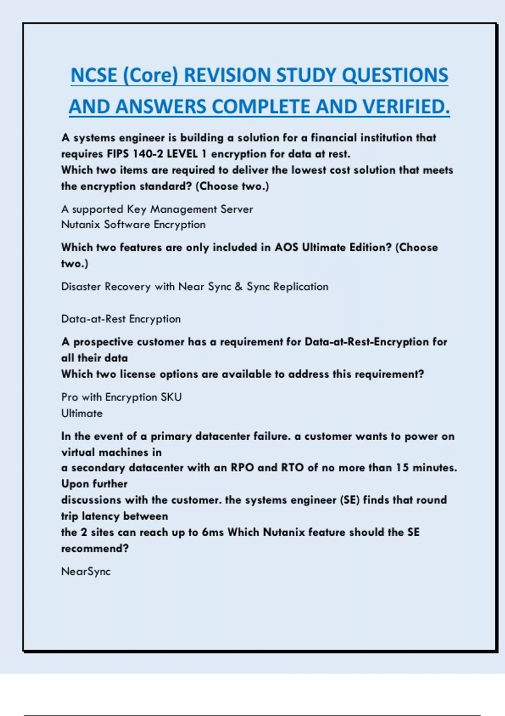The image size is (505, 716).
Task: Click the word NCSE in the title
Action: [x=94, y=75]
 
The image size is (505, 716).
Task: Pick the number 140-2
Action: [x=148, y=154]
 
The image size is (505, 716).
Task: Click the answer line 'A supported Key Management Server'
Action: [x=157, y=209]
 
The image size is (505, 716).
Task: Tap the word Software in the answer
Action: [x=127, y=224]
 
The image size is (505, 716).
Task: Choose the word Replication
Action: [x=300, y=287]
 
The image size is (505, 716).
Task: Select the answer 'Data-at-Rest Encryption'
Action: [x=121, y=319]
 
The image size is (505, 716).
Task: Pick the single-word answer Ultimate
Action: [x=82, y=413]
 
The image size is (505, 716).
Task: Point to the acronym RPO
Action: [x=242, y=468]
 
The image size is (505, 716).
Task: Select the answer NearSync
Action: [x=86, y=572]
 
